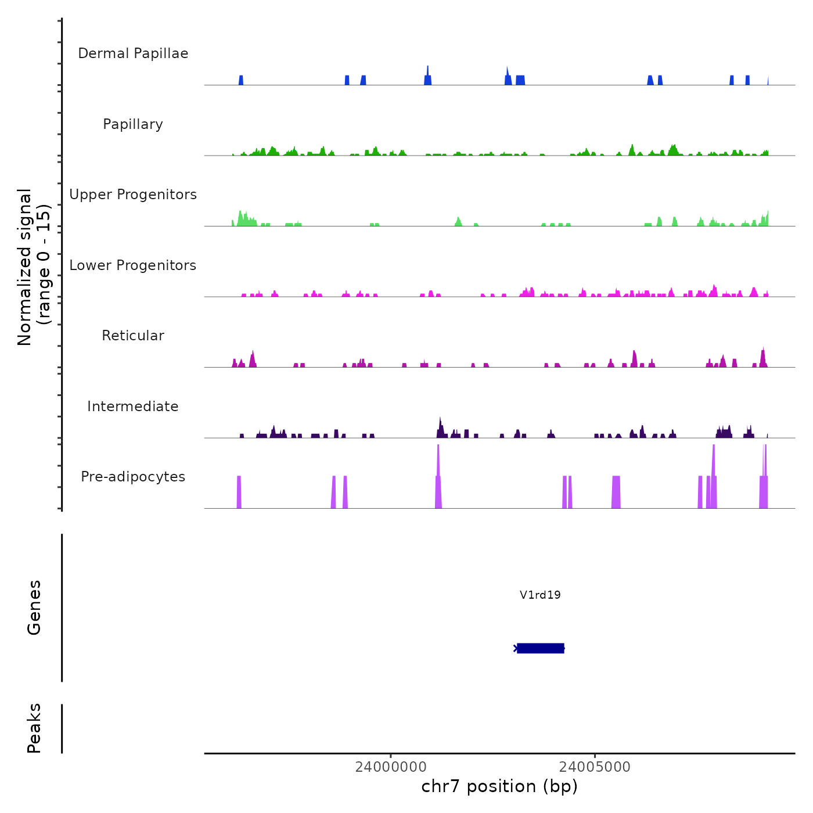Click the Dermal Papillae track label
(x=133, y=53)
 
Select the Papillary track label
(x=133, y=124)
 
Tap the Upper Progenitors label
(x=133, y=195)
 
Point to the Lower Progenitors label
(x=133, y=265)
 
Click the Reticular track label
(x=133, y=336)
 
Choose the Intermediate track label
(x=133, y=406)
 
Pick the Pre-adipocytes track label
(x=133, y=477)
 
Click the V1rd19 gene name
(x=540, y=595)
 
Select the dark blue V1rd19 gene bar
(x=540, y=648)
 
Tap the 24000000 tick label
(x=391, y=767)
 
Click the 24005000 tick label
(x=595, y=767)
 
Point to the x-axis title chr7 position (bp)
(x=499, y=786)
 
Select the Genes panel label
(x=34, y=607)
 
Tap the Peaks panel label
(x=34, y=728)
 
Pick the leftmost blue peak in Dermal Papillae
(x=241, y=80)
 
